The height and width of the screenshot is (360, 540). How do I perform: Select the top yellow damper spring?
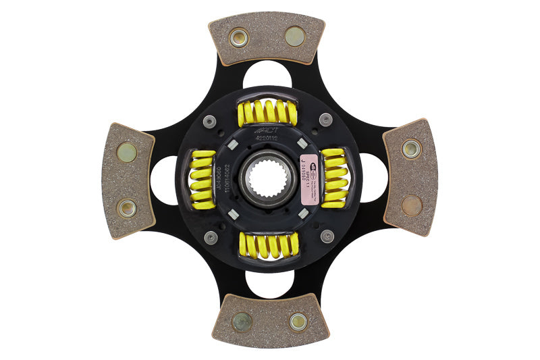[267, 112]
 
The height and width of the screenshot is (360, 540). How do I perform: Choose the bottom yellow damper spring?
[268, 247]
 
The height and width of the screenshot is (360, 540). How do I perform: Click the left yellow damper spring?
[202, 179]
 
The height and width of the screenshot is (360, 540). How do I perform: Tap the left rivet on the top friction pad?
[238, 37]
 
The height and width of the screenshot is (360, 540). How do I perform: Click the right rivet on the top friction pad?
[295, 36]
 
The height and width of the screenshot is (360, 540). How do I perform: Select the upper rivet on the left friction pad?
[126, 152]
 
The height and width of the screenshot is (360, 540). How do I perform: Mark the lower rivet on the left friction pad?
[126, 207]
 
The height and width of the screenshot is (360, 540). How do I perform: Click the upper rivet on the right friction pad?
[411, 149]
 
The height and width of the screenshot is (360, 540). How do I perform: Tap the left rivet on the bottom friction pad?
[242, 322]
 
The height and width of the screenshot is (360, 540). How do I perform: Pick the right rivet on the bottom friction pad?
[298, 322]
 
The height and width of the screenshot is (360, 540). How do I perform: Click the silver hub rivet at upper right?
[325, 120]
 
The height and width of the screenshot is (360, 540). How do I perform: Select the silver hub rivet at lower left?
[211, 237]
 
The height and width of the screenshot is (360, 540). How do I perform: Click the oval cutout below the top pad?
[267, 73]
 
